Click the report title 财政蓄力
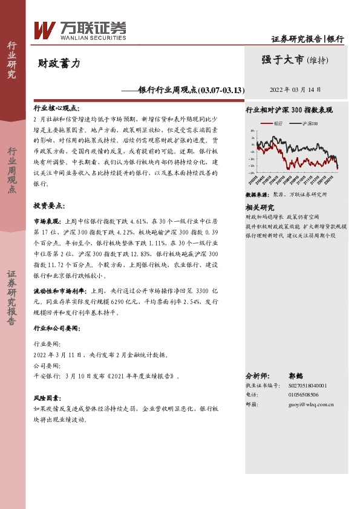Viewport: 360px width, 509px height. (59, 62)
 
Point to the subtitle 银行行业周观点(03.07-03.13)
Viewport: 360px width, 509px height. (191, 90)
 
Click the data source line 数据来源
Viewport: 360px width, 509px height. (286, 195)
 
